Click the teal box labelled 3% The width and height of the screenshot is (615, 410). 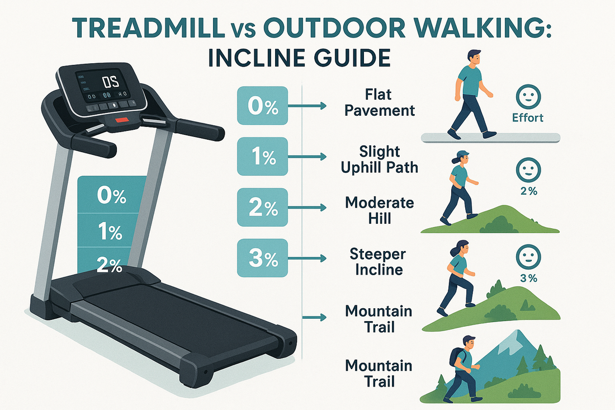pos(262,258)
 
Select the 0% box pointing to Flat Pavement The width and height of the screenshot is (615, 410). pos(262,106)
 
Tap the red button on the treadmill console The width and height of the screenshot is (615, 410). pos(121,119)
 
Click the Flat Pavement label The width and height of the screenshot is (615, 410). pos(379,103)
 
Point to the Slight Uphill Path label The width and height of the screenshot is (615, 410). pos(379,159)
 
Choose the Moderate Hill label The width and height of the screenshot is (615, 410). pos(379,211)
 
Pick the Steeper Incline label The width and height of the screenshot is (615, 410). pos(378,262)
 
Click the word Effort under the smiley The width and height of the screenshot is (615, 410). pos(528,117)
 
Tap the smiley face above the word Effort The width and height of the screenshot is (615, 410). pos(528,96)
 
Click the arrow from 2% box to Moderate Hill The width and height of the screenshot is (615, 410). pos(307,208)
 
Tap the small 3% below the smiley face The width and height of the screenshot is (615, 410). pos(528,278)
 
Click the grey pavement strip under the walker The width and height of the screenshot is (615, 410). pos(490,138)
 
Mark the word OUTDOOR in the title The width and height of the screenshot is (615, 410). pos(334,29)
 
